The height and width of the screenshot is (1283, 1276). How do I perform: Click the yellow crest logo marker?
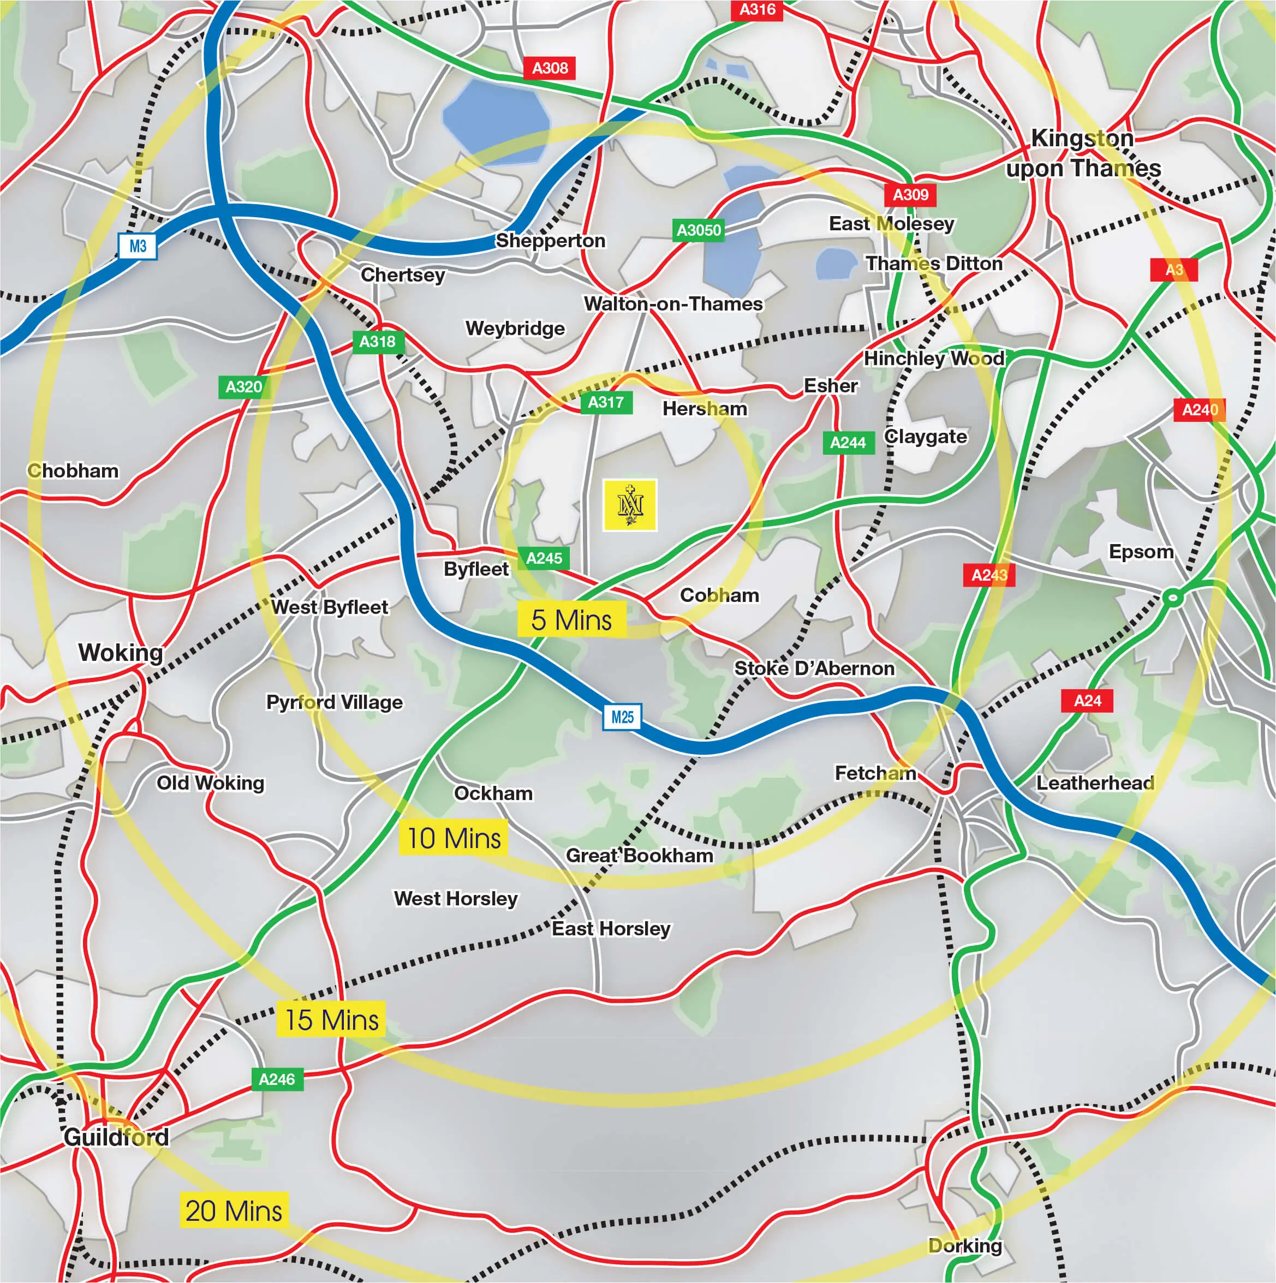(x=630, y=505)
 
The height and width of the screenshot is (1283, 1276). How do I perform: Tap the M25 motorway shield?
(x=622, y=717)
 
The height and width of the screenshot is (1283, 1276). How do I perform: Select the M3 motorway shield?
(x=138, y=246)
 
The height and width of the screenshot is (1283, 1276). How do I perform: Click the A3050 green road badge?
(x=698, y=230)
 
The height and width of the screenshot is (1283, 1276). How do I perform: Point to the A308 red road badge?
(x=550, y=68)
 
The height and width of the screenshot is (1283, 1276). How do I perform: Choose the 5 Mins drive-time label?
(x=571, y=619)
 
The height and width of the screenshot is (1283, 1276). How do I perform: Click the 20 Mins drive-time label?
(x=233, y=1210)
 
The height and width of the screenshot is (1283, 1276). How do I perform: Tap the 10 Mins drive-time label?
(x=454, y=838)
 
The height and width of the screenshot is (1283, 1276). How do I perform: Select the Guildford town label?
(x=116, y=1137)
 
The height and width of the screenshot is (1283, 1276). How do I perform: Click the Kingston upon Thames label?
(x=1083, y=153)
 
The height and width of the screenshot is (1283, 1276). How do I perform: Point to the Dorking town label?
(x=964, y=1245)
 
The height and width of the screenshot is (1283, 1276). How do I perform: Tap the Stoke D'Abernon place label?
(x=814, y=668)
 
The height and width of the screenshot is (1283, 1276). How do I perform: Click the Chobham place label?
(x=73, y=471)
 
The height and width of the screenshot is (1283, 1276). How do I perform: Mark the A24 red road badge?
(x=1087, y=701)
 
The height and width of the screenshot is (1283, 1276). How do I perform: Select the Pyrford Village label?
(x=334, y=702)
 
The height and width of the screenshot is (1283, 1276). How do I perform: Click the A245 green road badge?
(x=544, y=558)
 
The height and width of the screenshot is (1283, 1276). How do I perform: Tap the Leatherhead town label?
(x=1095, y=783)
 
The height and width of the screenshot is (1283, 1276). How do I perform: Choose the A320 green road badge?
(x=244, y=386)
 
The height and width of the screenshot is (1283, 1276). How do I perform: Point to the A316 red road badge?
(x=756, y=9)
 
